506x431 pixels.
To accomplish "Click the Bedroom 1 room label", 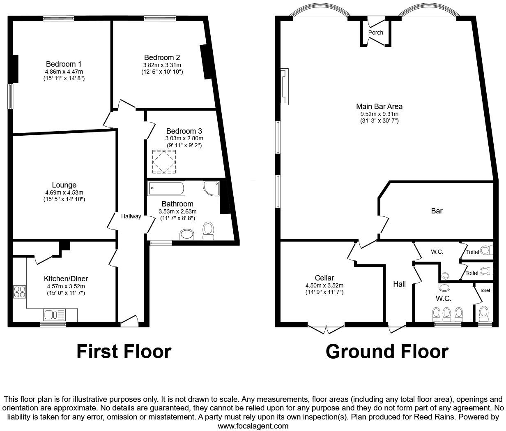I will pyautogui.click(x=63, y=64).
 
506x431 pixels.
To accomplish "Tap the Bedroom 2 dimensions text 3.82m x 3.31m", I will pyautogui.click(x=162, y=65).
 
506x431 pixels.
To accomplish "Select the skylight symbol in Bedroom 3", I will pyautogui.click(x=164, y=162).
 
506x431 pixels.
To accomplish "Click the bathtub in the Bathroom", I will pyautogui.click(x=166, y=189).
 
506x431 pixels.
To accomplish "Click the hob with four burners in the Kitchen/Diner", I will pyautogui.click(x=19, y=292).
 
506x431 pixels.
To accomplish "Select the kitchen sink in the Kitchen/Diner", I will pyautogui.click(x=54, y=315).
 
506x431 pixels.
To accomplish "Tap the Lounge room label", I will pyautogui.click(x=64, y=185).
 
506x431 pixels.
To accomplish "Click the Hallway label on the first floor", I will pyautogui.click(x=131, y=216).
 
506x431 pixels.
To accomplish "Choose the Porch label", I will pyautogui.click(x=375, y=32).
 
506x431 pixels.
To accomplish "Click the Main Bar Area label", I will pyautogui.click(x=379, y=107).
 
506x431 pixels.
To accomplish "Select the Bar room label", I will pyautogui.click(x=437, y=211).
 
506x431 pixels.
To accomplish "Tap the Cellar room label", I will pyautogui.click(x=324, y=278).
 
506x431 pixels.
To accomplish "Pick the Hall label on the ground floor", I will pyautogui.click(x=399, y=284).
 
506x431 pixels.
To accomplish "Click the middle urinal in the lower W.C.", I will pyautogui.click(x=447, y=315).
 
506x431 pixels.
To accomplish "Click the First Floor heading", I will pyautogui.click(x=124, y=352).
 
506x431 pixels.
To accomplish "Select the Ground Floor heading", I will pyautogui.click(x=387, y=352).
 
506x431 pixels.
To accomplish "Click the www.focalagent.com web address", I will pyautogui.click(x=253, y=426).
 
